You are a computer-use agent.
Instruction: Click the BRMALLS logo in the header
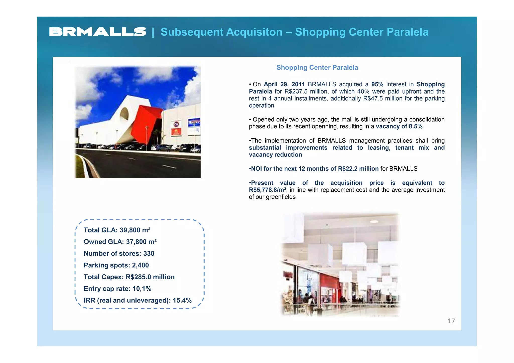click(98, 32)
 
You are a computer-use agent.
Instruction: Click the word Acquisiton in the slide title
click(254, 32)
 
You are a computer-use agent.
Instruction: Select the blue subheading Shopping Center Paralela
click(317, 67)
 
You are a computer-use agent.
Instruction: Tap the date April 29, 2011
click(284, 84)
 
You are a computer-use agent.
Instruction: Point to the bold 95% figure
click(377, 84)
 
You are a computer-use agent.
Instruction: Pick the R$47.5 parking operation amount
click(373, 98)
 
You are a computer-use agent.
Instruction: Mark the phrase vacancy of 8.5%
click(399, 126)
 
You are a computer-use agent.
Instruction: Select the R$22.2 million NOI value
click(358, 169)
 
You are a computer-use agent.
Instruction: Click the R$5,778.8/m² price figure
click(267, 190)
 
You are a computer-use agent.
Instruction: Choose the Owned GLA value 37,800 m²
click(141, 242)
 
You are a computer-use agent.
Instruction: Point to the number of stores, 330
click(149, 254)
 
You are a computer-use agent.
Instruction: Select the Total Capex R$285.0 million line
click(129, 277)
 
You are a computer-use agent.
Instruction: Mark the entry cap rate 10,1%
click(142, 289)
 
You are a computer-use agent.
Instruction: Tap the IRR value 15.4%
click(182, 300)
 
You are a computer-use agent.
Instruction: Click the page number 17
click(451, 321)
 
